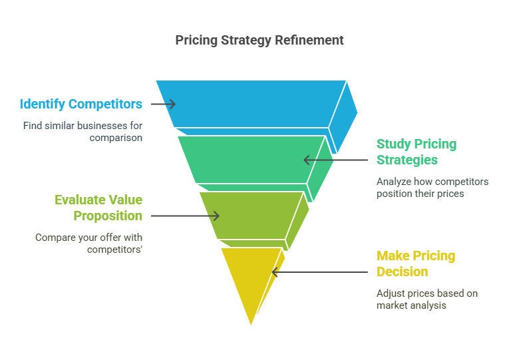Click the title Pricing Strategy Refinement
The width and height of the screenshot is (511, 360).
(259, 41)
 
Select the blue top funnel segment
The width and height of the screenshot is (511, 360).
(251, 104)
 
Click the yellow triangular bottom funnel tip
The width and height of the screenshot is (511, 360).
(250, 277)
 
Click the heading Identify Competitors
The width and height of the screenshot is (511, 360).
(81, 104)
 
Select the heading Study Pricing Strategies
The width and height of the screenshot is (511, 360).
(417, 152)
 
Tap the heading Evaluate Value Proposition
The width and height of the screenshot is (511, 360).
(98, 208)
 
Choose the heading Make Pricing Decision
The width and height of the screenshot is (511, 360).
(416, 264)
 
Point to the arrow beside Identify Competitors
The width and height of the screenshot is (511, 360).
(163, 104)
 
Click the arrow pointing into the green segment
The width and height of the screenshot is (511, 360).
(335, 160)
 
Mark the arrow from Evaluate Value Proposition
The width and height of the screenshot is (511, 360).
(185, 216)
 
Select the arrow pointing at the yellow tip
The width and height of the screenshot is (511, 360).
(319, 272)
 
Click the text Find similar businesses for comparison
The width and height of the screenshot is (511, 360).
(83, 132)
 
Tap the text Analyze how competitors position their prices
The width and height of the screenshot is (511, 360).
(432, 188)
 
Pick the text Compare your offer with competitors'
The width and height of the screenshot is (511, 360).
(88, 244)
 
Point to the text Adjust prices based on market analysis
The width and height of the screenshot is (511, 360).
(427, 299)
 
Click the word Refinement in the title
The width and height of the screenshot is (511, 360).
(309, 41)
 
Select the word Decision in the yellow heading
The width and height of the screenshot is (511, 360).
(402, 271)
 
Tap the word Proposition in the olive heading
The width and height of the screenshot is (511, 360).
(108, 216)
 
